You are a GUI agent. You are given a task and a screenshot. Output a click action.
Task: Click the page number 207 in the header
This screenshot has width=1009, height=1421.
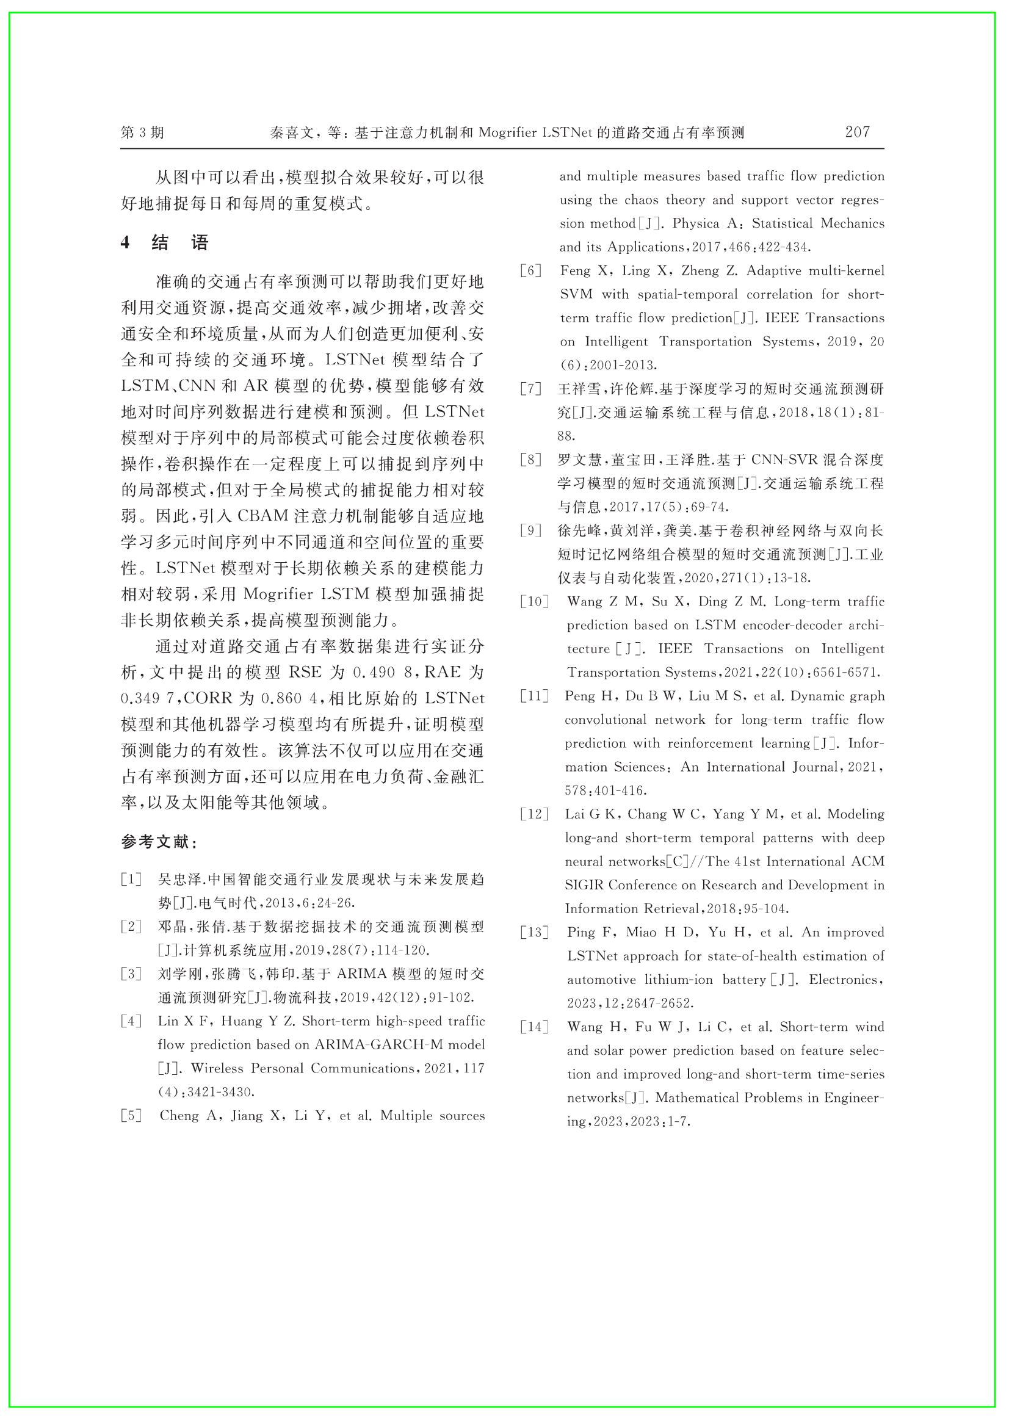tap(857, 132)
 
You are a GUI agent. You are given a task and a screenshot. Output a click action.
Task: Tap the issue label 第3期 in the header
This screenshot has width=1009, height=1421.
tap(142, 132)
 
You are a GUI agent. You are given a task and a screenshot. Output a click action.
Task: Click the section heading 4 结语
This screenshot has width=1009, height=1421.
tap(165, 242)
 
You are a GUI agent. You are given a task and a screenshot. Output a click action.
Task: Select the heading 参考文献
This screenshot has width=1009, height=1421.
tap(159, 842)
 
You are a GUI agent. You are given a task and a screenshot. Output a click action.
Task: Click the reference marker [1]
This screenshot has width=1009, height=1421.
tap(131, 879)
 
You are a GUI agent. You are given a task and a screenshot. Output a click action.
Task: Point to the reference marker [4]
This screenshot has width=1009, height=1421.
tap(131, 1021)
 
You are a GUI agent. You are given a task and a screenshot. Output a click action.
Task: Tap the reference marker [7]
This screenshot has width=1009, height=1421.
tap(531, 389)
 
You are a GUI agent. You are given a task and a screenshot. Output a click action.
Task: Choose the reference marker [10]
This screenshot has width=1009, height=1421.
tap(534, 601)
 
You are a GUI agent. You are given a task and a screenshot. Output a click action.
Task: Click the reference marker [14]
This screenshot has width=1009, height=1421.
tap(534, 1027)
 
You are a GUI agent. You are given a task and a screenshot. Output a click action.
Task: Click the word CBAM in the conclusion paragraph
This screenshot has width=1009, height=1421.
tap(263, 516)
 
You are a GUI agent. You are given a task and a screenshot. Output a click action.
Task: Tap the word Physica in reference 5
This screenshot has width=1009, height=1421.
tap(695, 223)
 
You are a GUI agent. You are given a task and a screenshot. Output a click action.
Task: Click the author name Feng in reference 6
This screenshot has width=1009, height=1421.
tap(575, 270)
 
